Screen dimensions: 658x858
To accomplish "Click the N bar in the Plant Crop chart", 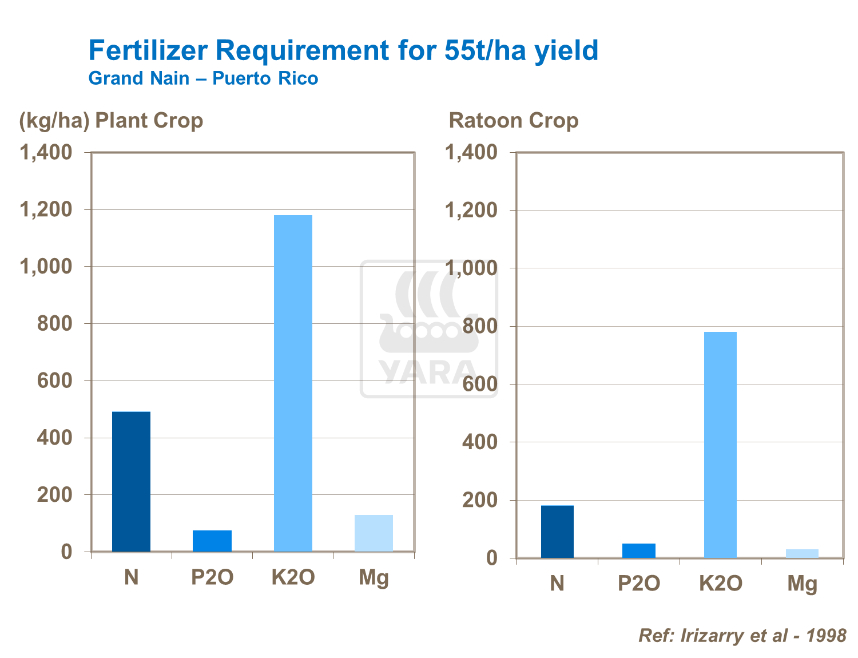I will (x=131, y=481).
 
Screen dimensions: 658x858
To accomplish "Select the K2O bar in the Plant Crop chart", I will (x=293, y=383).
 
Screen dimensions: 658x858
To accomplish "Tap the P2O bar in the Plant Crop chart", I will (x=212, y=541).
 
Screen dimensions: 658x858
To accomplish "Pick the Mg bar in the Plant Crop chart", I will (x=374, y=533).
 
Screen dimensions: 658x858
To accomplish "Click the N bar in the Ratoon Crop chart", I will (x=557, y=532).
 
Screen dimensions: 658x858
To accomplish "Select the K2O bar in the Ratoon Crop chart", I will (x=720, y=445).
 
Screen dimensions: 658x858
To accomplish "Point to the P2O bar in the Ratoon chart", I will (x=639, y=550).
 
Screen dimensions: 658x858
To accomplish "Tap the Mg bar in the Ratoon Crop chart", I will (x=802, y=553).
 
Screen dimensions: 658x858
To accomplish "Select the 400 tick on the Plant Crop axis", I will (x=55, y=438).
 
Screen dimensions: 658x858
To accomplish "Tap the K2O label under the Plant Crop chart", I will (x=293, y=577).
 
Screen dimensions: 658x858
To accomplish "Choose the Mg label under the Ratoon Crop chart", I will (x=802, y=583).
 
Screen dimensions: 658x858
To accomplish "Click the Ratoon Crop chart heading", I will (x=513, y=121).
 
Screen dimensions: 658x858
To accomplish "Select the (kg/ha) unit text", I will (x=54, y=121).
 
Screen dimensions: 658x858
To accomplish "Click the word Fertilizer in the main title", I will (x=147, y=50).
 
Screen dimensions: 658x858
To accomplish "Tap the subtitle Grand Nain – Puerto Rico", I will (x=203, y=78).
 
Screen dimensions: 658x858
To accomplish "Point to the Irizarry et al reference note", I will (x=742, y=635).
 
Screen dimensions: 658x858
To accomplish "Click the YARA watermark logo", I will (x=428, y=329).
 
